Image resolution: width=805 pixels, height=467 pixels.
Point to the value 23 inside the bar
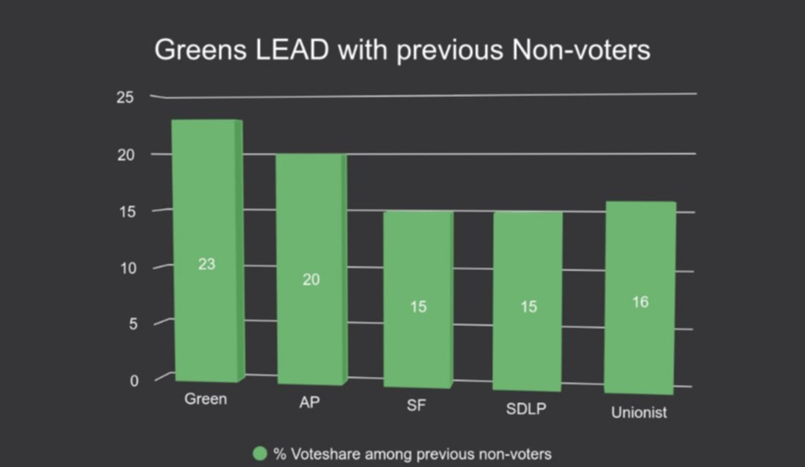coord(206,264)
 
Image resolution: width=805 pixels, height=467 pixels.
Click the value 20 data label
coord(311,280)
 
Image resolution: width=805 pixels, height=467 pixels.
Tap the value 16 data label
coord(640,302)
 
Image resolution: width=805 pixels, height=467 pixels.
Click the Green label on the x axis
coord(206,399)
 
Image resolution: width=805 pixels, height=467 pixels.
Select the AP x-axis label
coord(310,403)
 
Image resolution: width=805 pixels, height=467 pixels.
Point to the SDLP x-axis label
coord(526,410)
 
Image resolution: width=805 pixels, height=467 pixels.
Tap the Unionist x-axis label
coord(639,413)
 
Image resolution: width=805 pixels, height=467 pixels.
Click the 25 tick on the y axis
coord(124,98)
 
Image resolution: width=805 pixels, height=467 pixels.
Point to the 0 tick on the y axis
coord(134,380)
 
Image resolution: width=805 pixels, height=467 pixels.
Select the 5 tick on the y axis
coord(134,325)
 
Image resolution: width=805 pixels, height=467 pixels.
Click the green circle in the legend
coord(260,454)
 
